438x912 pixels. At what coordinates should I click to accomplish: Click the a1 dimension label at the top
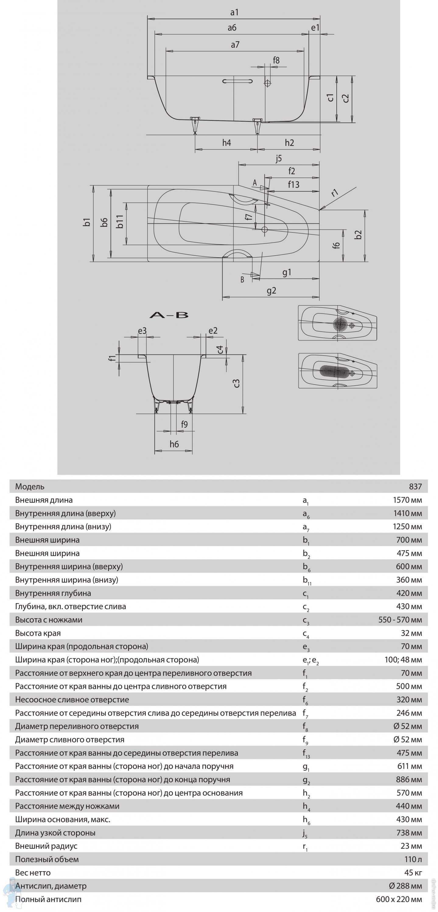pyautogui.click(x=234, y=12)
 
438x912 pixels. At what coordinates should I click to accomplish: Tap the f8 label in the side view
pyautogui.click(x=276, y=60)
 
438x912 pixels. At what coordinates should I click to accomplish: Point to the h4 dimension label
pyautogui.click(x=226, y=143)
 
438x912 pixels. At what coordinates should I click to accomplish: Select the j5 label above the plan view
pyautogui.click(x=279, y=158)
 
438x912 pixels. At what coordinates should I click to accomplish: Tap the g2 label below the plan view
pyautogui.click(x=271, y=291)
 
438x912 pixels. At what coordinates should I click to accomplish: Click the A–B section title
pyautogui.click(x=169, y=315)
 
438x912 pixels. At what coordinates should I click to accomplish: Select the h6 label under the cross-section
pyautogui.click(x=174, y=444)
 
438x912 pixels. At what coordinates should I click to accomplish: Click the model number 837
pyautogui.click(x=415, y=486)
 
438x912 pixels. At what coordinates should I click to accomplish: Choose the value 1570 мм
pyautogui.click(x=407, y=500)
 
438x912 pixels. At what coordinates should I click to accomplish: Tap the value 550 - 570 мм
pyautogui.click(x=400, y=620)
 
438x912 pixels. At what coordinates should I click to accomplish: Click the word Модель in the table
pyautogui.click(x=30, y=486)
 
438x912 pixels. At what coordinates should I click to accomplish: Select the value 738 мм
pyautogui.click(x=409, y=832)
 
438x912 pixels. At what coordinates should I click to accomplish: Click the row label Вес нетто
pyautogui.click(x=33, y=872)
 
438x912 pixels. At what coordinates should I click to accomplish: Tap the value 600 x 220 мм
pyautogui.click(x=399, y=899)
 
